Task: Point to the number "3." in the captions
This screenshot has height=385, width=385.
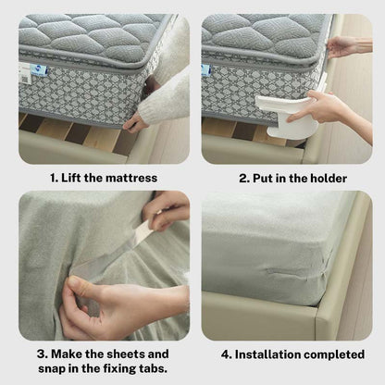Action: tap(43, 354)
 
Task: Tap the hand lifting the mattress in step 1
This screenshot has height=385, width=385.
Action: tap(139, 118)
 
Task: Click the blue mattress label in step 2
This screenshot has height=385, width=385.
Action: tap(205, 69)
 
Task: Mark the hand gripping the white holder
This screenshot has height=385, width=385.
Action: tap(319, 108)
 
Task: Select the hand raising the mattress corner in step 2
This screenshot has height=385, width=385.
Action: tap(343, 45)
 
